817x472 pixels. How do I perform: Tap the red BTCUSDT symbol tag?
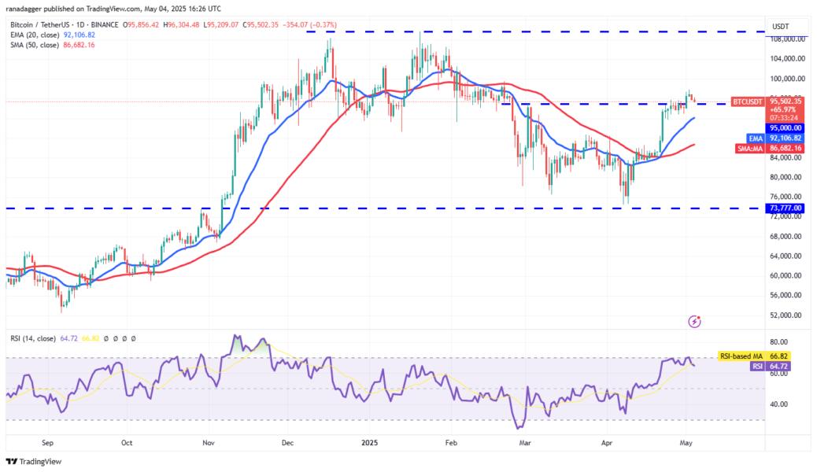click(746, 101)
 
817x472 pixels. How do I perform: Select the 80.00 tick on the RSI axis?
click(779, 343)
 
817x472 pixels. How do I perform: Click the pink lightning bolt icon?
click(695, 321)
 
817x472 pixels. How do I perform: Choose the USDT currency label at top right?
click(780, 27)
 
